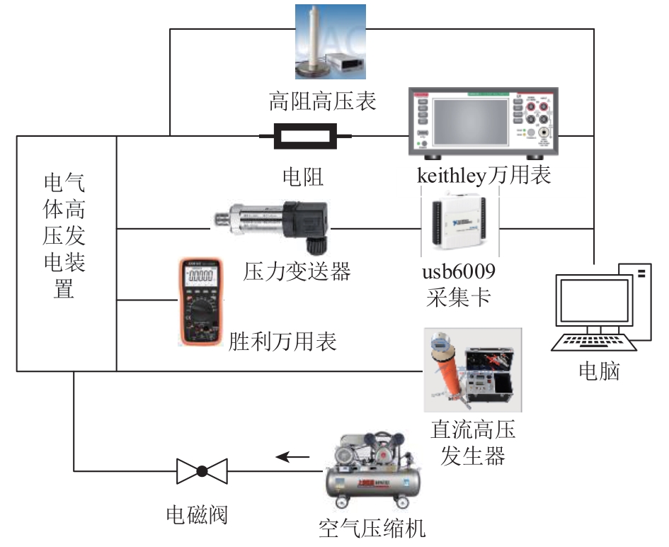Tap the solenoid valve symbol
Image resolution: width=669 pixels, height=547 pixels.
coord(202,470)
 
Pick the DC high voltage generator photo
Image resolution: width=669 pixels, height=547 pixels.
coord(472,369)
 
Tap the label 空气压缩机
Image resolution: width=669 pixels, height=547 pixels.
coord(372,529)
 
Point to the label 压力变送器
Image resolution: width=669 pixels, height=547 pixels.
coord(297,271)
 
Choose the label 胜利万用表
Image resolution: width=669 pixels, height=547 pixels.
coord(282,342)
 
